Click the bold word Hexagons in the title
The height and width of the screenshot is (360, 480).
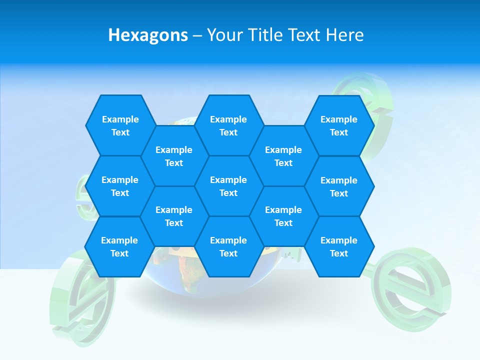click(148, 35)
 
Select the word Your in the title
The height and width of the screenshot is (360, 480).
click(224, 35)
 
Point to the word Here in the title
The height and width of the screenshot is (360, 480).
click(344, 35)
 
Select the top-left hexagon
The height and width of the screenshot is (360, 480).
click(120, 125)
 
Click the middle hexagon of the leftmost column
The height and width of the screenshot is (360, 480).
click(120, 186)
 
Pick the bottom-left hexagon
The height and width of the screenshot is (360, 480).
click(119, 246)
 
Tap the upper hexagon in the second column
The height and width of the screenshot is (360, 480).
click(174, 156)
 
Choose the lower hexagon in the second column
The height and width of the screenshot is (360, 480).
click(174, 216)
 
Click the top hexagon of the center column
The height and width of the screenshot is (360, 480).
click(228, 125)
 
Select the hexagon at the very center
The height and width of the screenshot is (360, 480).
click(228, 186)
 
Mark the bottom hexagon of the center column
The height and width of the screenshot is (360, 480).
click(228, 246)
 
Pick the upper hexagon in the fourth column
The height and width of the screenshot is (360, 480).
click(283, 156)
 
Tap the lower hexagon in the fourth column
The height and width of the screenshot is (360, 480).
click(283, 216)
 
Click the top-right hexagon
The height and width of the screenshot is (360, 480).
click(339, 125)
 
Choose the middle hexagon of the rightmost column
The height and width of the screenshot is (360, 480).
click(339, 186)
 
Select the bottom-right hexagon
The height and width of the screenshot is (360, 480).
click(339, 246)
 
